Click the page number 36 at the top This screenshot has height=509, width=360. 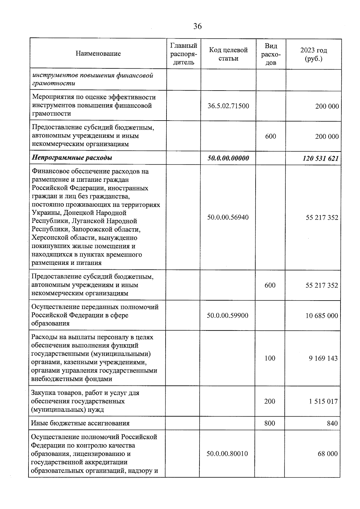pyautogui.click(x=197, y=26)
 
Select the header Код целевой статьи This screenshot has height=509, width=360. pyautogui.click(x=228, y=54)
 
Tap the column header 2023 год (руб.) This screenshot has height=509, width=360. pyautogui.click(x=313, y=54)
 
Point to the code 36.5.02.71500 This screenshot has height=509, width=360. pyautogui.click(x=228, y=106)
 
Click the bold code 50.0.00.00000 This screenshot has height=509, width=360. pyautogui.click(x=228, y=158)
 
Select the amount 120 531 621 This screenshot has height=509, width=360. pyautogui.click(x=320, y=158)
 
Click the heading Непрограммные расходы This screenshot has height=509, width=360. pyautogui.click(x=72, y=158)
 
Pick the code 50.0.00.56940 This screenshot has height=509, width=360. pyautogui.click(x=228, y=217)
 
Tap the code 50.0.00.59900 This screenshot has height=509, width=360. pyautogui.click(x=227, y=316)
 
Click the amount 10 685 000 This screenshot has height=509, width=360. pyautogui.click(x=322, y=316)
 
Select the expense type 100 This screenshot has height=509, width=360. pyautogui.click(x=270, y=358)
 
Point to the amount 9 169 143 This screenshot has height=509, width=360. pyautogui.click(x=323, y=358)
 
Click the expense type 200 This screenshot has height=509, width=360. pyautogui.click(x=270, y=401)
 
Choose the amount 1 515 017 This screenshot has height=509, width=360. pyautogui.click(x=323, y=401)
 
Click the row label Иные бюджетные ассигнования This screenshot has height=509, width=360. pyautogui.click(x=80, y=423)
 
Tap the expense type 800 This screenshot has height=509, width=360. pyautogui.click(x=270, y=423)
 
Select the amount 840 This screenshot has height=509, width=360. pyautogui.click(x=332, y=424)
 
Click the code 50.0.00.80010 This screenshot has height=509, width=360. pyautogui.click(x=227, y=454)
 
